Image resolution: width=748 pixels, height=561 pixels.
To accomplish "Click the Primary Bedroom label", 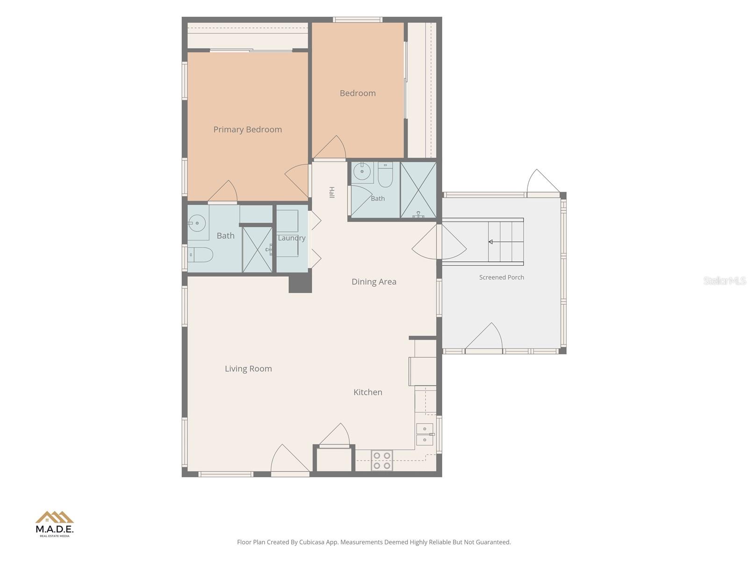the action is (247, 129).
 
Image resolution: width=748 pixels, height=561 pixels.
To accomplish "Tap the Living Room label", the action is (248, 368).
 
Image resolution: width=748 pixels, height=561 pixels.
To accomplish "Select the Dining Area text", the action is (374, 282).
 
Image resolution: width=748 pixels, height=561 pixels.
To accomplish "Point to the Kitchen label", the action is (368, 392).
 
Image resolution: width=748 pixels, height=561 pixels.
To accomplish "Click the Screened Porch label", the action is (502, 277).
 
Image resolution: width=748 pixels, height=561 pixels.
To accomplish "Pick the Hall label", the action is (331, 192).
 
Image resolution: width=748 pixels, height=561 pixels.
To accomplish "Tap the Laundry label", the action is (292, 238).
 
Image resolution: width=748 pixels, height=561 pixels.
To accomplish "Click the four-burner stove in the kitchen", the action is (381, 460).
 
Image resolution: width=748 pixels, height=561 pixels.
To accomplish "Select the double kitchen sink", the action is (424, 434).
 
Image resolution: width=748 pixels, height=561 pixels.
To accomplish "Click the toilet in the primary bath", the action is (201, 255).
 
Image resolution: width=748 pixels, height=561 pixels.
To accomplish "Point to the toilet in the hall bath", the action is (385, 175).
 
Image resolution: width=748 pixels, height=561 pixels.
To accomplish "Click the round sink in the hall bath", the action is (362, 171).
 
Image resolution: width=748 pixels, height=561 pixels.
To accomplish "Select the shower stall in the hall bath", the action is (418, 190).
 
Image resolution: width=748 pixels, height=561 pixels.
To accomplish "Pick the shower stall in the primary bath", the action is (257, 250).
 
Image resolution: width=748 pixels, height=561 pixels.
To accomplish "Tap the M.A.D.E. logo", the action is (55, 524).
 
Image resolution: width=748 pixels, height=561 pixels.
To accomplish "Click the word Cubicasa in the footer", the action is (312, 542).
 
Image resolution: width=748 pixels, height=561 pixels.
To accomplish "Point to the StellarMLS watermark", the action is (725, 280).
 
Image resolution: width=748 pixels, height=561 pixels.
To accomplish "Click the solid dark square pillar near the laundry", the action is (300, 283).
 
